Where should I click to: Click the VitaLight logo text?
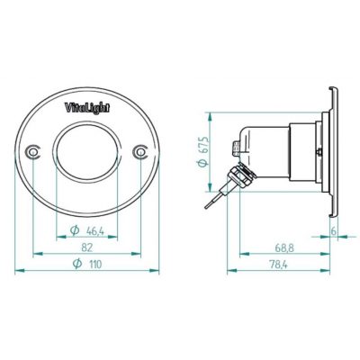[x=87, y=107]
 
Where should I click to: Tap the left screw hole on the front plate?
[x=33, y=152]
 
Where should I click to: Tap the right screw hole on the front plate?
[x=141, y=152]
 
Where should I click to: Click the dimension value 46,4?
[x=94, y=231]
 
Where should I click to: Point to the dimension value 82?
[x=87, y=247]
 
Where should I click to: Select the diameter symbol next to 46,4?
[x=74, y=231]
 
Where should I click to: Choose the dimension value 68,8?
[x=284, y=247]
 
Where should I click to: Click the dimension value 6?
[x=333, y=231]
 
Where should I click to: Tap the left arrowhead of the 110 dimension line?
[x=20, y=271]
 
